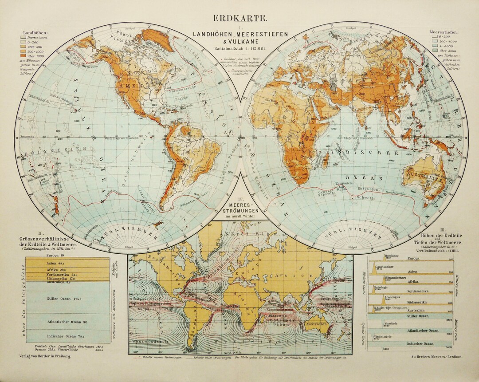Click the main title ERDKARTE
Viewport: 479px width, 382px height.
coord(240,18)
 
